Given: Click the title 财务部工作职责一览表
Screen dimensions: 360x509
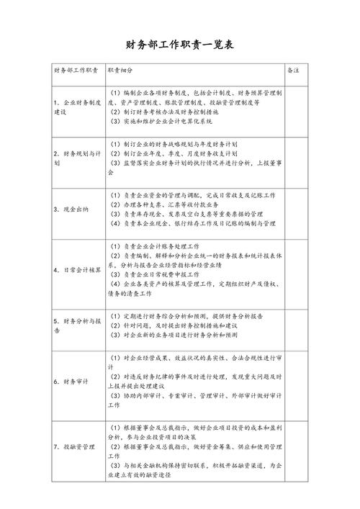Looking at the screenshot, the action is (179, 45).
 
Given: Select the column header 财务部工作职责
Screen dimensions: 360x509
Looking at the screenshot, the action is (76, 71).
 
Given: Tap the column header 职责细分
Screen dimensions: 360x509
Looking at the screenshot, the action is (120, 71).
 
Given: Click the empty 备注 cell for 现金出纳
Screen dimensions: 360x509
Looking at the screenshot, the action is (296, 209).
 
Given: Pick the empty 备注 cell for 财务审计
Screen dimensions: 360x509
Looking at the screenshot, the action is (296, 381).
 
